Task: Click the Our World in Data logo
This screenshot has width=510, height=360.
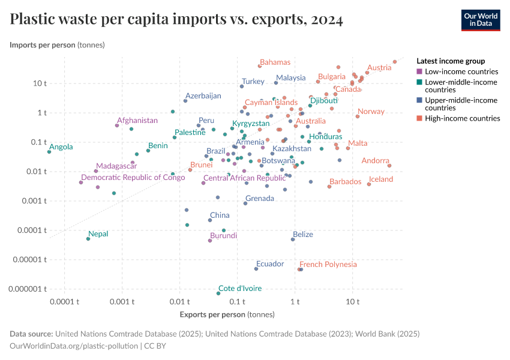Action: (480, 20)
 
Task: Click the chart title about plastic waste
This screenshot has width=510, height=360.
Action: (176, 20)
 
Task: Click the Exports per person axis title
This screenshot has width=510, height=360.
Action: (227, 314)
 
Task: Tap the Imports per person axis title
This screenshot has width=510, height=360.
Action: (57, 45)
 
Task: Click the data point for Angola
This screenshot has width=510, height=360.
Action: (49, 152)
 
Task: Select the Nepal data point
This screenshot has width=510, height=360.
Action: (88, 239)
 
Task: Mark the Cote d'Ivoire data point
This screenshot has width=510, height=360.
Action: (218, 293)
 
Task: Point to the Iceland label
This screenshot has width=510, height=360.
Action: (381, 179)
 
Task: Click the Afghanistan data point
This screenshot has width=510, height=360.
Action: (117, 125)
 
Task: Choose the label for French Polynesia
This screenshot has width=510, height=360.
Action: (328, 264)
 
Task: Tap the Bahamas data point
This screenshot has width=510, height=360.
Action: (260, 66)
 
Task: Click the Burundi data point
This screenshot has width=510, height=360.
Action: (210, 241)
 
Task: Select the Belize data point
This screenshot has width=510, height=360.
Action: (293, 239)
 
